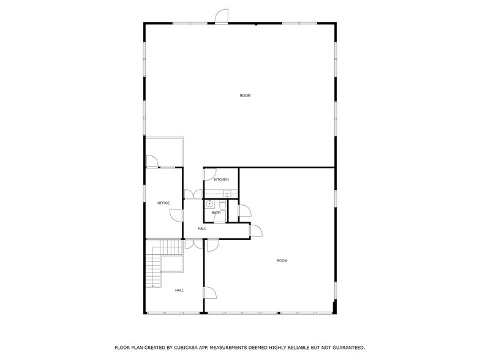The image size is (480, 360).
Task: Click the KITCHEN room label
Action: (221, 179)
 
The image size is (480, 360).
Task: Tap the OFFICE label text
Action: (163, 203)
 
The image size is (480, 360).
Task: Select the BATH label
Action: (216, 213)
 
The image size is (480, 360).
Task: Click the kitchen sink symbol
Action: (227, 193)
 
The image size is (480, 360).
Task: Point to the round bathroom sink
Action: (209, 203)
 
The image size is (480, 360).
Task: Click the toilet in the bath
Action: (223, 204)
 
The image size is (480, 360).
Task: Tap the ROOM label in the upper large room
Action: (245, 96)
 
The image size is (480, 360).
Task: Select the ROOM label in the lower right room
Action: (282, 261)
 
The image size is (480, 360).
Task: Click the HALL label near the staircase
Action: (179, 290)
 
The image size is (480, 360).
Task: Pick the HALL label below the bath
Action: (202, 229)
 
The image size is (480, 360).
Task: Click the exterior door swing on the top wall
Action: (222, 16)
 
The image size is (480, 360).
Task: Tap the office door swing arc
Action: (176, 215)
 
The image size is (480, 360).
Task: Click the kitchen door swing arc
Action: (209, 175)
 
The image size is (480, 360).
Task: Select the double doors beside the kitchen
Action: (193, 194)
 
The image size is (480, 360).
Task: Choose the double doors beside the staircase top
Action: (193, 244)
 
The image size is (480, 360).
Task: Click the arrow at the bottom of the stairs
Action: (153, 286)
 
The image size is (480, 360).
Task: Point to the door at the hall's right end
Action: (256, 230)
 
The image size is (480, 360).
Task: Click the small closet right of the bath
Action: (233, 211)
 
